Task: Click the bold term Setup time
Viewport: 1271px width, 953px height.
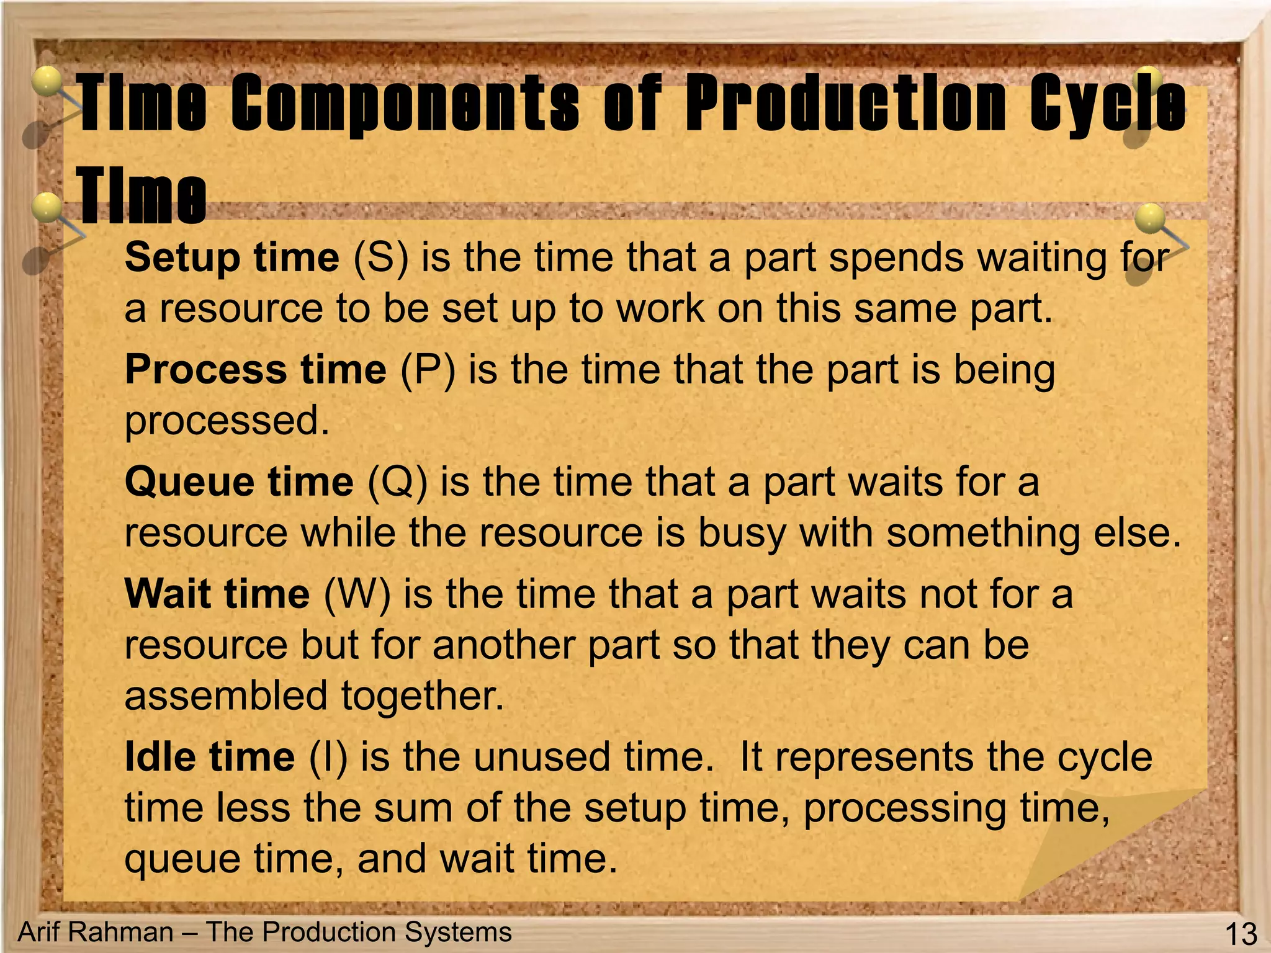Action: tap(232, 257)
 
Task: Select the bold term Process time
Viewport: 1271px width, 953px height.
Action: tap(256, 370)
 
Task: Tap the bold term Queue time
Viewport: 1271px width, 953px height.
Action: tap(239, 482)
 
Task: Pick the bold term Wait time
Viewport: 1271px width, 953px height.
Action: tap(217, 594)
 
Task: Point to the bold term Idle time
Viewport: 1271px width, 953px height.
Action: tap(210, 757)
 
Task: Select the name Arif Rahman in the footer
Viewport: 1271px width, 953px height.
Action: tap(96, 932)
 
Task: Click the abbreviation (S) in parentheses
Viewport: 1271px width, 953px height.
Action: tap(380, 257)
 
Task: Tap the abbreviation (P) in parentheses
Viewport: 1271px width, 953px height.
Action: tap(428, 370)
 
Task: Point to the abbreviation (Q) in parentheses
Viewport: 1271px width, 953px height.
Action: tap(398, 482)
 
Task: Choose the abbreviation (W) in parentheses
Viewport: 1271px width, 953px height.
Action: tap(357, 594)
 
